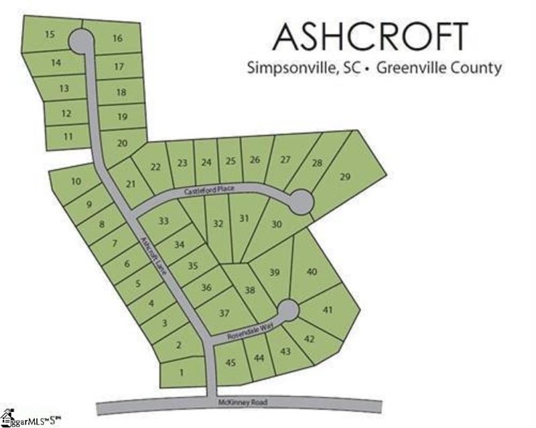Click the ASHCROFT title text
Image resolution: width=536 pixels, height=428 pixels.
pyautogui.click(x=371, y=36)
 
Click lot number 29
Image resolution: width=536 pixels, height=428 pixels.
pyautogui.click(x=345, y=177)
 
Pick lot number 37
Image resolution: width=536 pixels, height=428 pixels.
pyautogui.click(x=224, y=313)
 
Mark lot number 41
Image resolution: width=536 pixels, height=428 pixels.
pyautogui.click(x=328, y=310)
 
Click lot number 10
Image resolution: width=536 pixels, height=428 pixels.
pyautogui.click(x=76, y=181)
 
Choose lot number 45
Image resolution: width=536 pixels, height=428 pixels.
pyautogui.click(x=231, y=363)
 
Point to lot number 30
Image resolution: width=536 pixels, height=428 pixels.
pyautogui.click(x=275, y=225)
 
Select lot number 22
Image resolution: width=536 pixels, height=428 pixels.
pyautogui.click(x=155, y=166)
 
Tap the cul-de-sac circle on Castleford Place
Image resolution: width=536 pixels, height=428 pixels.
pyautogui.click(x=300, y=201)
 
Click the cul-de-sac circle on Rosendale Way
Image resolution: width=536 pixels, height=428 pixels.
pyautogui.click(x=288, y=310)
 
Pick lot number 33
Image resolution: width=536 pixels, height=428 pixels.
pyautogui.click(x=163, y=221)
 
